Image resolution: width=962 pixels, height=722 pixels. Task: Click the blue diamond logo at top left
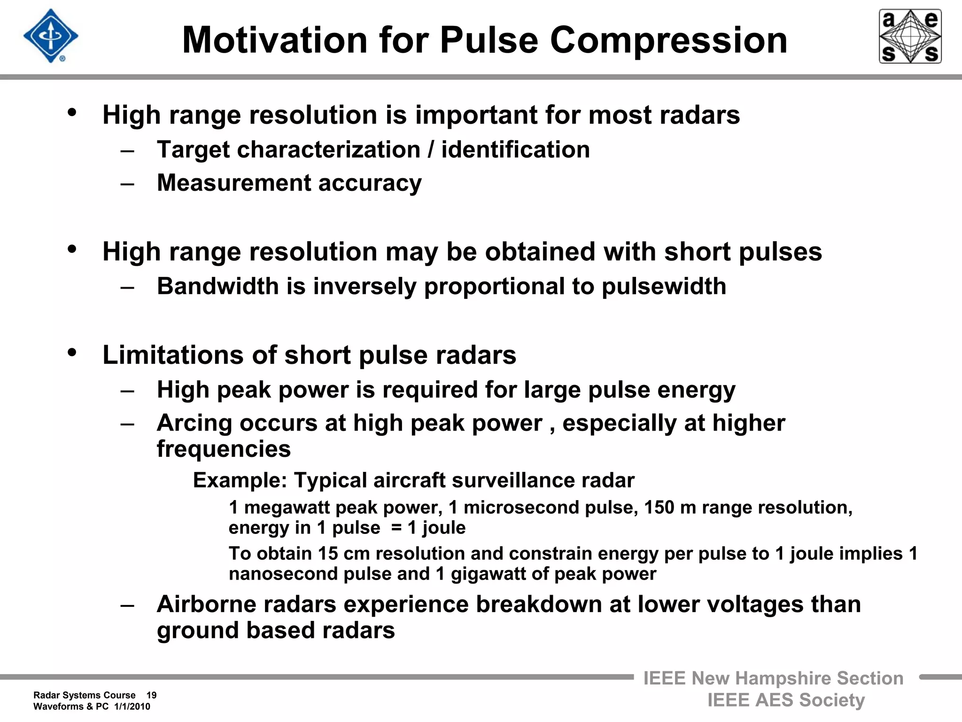[51, 36]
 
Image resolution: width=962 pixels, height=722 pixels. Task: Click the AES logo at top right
[910, 36]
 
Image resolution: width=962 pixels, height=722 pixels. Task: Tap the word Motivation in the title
[274, 40]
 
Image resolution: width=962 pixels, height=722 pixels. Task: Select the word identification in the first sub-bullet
[515, 150]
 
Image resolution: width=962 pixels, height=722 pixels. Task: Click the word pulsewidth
[664, 286]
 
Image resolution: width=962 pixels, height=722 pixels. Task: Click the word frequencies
[224, 449]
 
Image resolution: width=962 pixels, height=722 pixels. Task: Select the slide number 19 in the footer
[151, 695]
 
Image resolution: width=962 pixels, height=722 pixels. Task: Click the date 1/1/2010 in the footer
[132, 706]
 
